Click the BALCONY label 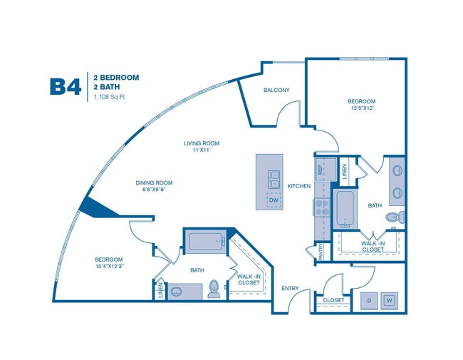276,90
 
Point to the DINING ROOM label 155,187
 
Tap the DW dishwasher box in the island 274,200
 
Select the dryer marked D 370,300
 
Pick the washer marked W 390,300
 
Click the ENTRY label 291,289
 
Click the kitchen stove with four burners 321,207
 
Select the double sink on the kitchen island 274,175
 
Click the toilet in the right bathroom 394,217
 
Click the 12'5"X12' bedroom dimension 361,109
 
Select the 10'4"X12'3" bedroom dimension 109,267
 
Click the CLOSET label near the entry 333,300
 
